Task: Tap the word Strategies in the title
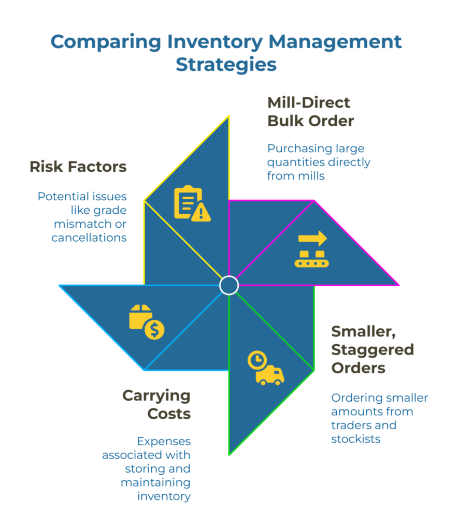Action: tap(226, 65)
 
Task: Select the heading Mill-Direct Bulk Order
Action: tap(310, 111)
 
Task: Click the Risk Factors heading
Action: tap(78, 167)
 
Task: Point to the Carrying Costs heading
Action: tap(156, 405)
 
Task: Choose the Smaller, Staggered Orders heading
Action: tap(372, 349)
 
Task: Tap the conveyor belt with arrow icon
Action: tap(311, 249)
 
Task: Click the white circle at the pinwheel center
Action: tap(228, 285)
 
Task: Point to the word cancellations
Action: tap(89, 238)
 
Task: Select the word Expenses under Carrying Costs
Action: tap(164, 441)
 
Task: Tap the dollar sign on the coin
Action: tap(154, 329)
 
